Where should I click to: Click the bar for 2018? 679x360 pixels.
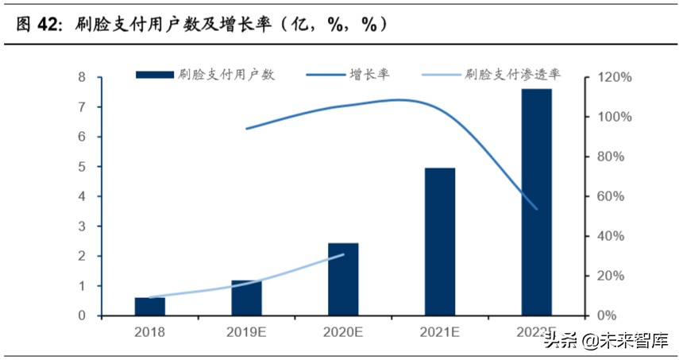pos(150,307)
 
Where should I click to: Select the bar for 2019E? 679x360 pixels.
pos(246,298)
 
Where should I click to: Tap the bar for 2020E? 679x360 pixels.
pos(343,280)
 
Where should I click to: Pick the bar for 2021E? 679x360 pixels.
pos(439,242)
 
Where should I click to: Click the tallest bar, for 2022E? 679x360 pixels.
pos(536,202)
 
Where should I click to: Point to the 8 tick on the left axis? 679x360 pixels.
pos(82,77)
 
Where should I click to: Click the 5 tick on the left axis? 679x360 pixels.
pos(82,167)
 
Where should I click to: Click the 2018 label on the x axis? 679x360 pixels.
pos(150,331)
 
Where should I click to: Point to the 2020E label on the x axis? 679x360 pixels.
pos(343,331)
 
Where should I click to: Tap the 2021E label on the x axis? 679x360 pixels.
pos(439,331)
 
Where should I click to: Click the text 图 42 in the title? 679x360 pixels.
pos(38,25)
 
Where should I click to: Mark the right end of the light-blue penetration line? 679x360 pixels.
pos(343,254)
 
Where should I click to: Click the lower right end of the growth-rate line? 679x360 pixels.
pos(537,209)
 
